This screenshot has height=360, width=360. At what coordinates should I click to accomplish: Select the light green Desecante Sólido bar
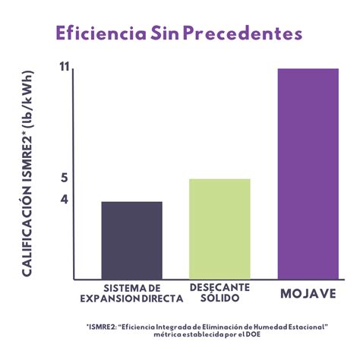click(x=219, y=229)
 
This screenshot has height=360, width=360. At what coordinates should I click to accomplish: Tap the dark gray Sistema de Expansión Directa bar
click(x=131, y=240)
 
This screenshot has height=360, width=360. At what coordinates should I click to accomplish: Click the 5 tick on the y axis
click(x=65, y=178)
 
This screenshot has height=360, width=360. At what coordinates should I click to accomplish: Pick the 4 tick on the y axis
click(x=65, y=200)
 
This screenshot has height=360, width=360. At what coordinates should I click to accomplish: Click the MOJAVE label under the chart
click(x=307, y=293)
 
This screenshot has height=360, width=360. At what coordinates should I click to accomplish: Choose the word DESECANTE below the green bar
click(x=219, y=289)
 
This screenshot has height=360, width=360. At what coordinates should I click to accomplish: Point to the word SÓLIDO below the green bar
click(x=219, y=298)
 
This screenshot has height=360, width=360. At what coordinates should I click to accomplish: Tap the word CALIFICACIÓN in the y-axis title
click(x=27, y=232)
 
